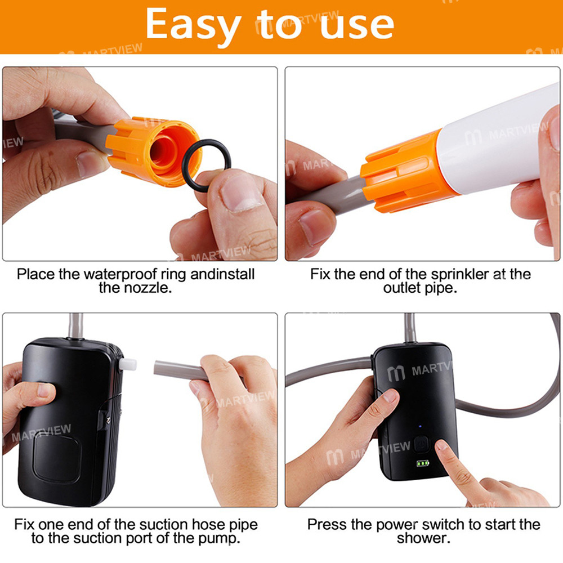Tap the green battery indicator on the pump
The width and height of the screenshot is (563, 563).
(x=423, y=463)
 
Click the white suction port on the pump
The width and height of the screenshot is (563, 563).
(x=127, y=364)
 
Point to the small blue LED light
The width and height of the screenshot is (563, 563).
(x=420, y=427)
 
